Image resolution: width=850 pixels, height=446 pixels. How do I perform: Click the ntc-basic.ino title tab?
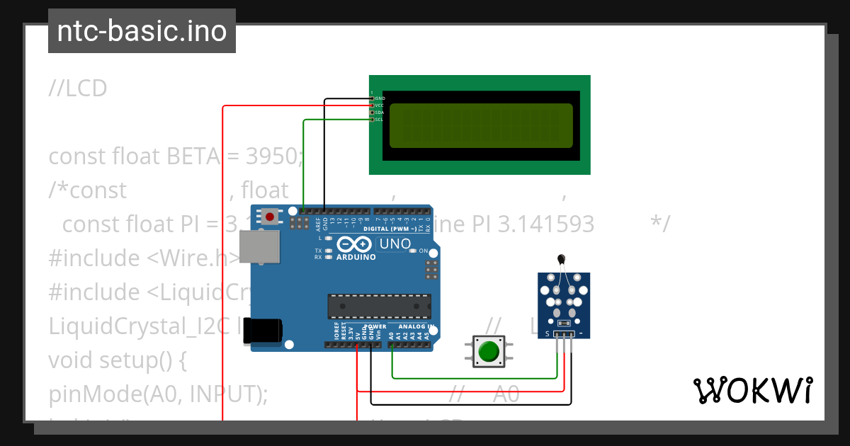[142, 32]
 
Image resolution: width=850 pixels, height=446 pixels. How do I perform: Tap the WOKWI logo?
[752, 390]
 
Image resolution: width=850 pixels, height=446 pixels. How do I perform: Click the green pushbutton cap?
[489, 352]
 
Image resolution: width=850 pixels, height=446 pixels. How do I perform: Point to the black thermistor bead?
[561, 261]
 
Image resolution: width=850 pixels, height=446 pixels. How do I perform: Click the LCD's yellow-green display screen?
[481, 125]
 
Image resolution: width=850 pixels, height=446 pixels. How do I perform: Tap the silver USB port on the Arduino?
[259, 248]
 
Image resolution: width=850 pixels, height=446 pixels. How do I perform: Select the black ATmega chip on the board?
[379, 306]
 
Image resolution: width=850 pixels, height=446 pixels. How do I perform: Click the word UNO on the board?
[395, 244]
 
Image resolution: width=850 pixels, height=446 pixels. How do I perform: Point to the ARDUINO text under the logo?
[356, 257]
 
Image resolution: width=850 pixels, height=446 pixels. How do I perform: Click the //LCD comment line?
[78, 88]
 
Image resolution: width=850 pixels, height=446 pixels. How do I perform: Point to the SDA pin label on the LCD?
[379, 113]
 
